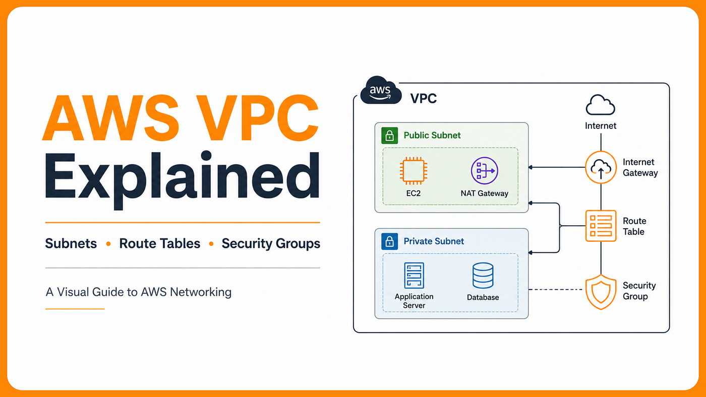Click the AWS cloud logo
pos(381,90)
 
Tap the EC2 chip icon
pos(414,171)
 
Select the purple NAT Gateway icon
pos(485,171)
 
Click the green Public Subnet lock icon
pos(389,136)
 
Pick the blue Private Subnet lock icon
pos(389,241)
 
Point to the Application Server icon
pos(414,276)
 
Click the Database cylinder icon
pos(483,276)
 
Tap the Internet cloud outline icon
pos(601,105)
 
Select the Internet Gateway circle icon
pos(601,167)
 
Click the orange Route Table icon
pos(601,226)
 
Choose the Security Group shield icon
pos(601,292)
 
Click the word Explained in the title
pos(183,180)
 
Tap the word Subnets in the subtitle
pos(71,243)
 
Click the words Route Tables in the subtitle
pos(159,243)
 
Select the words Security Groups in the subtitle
pos(271,244)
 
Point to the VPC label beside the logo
pos(424,99)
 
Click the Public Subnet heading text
pos(432,136)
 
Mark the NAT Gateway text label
pos(485,193)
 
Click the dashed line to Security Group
pos(555,289)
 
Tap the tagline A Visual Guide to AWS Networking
pos(138,292)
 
